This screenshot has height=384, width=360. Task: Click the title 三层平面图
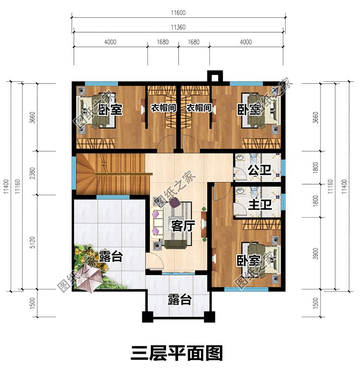(x=177, y=354)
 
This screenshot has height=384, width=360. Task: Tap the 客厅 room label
(x=182, y=225)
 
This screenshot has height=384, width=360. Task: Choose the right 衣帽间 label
(x=199, y=108)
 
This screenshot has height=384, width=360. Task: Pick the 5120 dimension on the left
(x=30, y=243)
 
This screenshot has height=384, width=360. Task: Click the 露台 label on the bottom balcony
(x=180, y=300)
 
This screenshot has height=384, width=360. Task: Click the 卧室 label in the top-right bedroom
(x=250, y=110)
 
